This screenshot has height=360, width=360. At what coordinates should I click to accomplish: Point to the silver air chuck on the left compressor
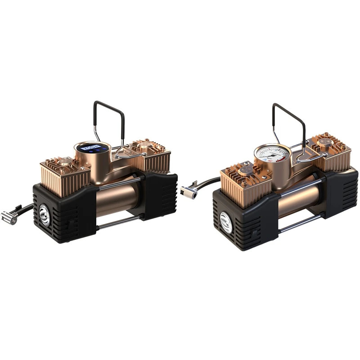[x=9, y=218]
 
